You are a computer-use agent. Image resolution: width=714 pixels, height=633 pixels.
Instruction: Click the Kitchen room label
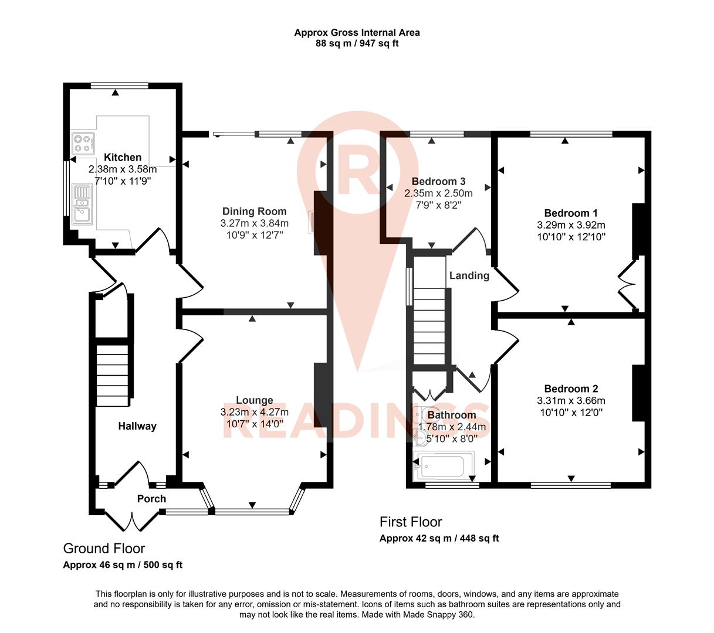(x=123, y=157)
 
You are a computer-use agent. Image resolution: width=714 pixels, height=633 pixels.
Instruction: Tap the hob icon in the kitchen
(x=83, y=144)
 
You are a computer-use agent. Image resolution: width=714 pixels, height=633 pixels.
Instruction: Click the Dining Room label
(x=254, y=212)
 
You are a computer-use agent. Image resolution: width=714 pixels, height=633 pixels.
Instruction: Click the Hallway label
(x=137, y=426)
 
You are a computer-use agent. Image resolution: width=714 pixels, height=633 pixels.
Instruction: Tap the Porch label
(x=151, y=499)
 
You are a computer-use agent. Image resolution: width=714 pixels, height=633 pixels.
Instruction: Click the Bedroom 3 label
(x=438, y=181)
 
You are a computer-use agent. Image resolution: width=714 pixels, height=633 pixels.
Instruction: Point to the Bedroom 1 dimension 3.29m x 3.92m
(x=571, y=225)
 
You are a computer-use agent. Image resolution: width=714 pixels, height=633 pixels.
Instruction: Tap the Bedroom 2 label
(x=571, y=389)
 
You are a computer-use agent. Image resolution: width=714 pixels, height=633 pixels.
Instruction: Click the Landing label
(x=469, y=275)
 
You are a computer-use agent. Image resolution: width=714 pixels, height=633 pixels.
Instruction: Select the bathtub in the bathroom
(x=439, y=466)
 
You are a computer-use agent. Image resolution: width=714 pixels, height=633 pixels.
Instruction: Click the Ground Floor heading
(x=104, y=549)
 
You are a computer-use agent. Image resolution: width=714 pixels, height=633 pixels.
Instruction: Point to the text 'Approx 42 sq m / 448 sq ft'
(x=439, y=538)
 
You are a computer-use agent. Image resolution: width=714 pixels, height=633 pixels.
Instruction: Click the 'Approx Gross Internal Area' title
(x=357, y=33)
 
